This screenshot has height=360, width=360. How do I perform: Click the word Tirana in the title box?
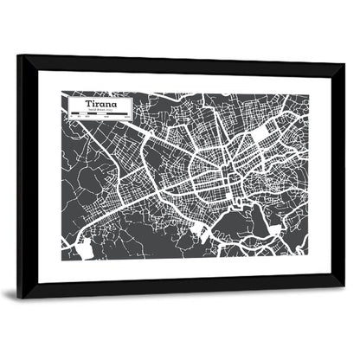[98, 104]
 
